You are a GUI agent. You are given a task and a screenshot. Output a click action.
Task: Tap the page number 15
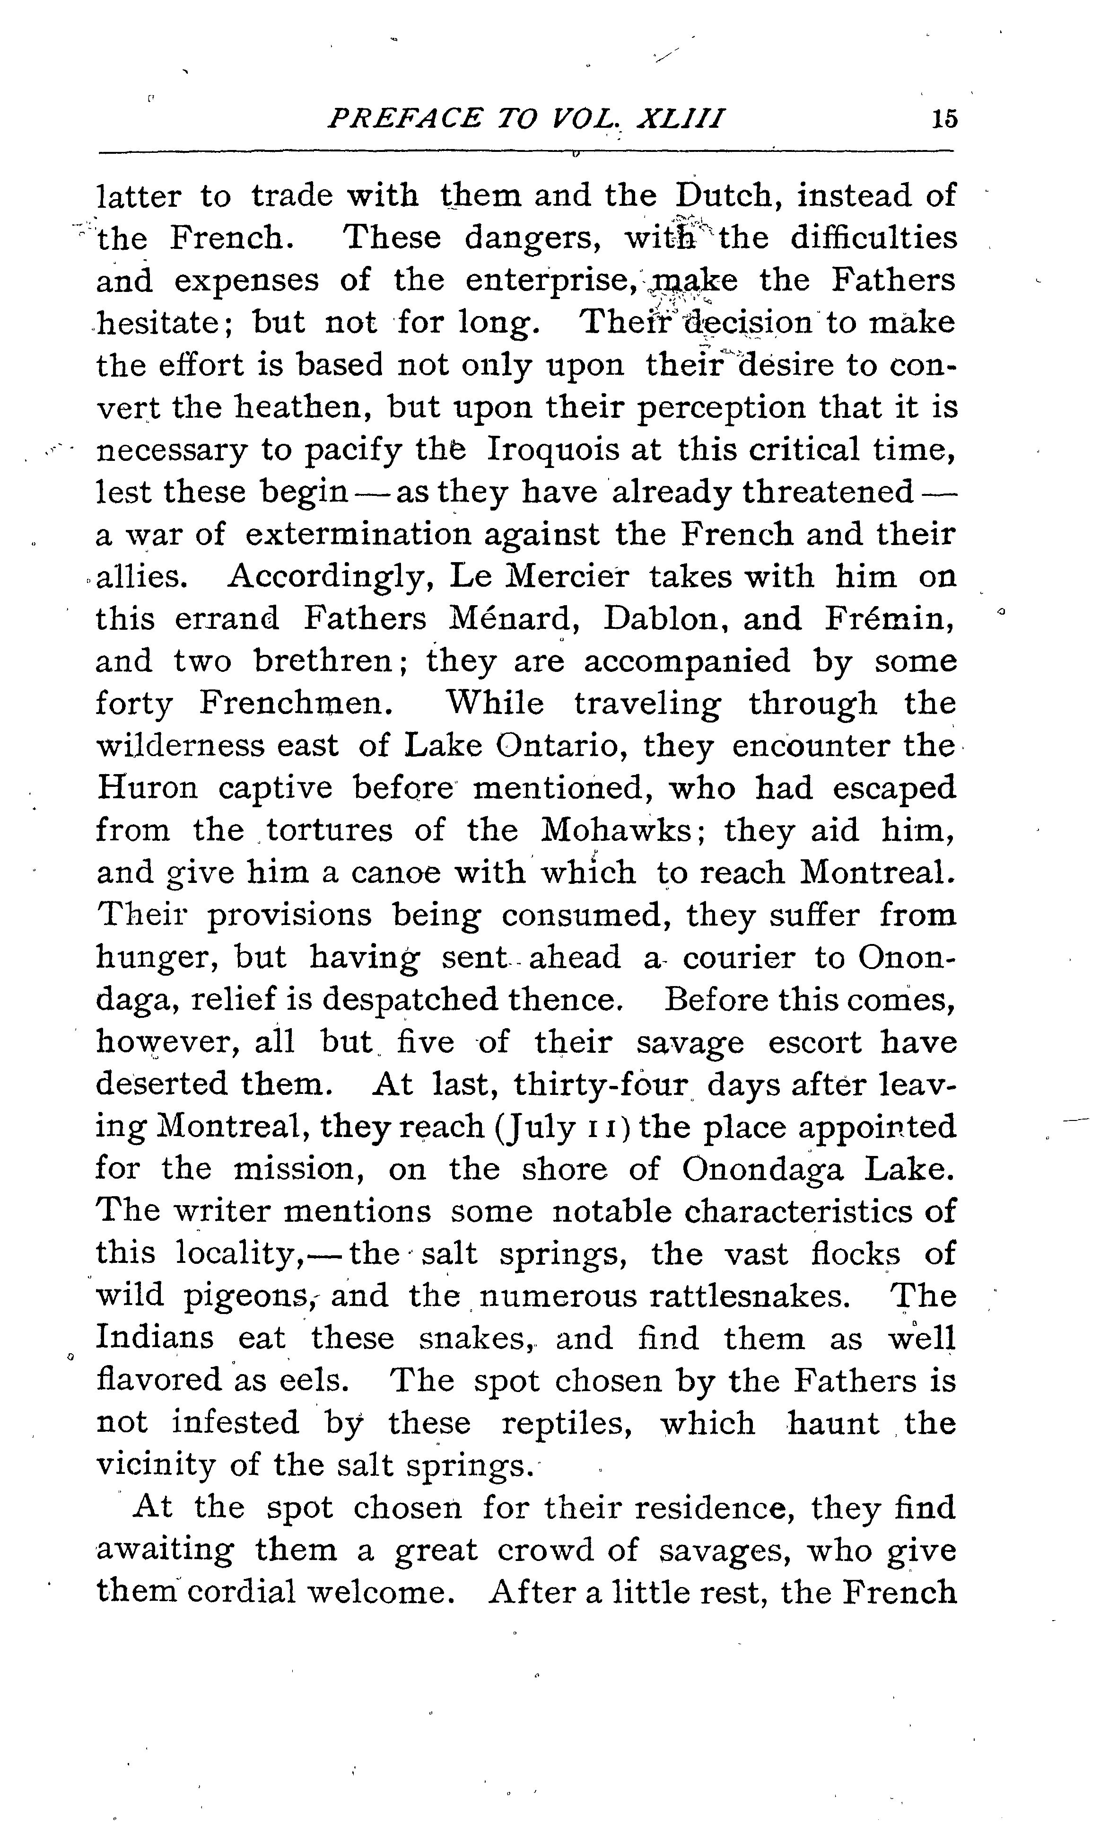[x=944, y=119]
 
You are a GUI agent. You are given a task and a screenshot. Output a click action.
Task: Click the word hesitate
[x=162, y=323]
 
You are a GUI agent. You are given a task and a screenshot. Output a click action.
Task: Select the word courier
[x=738, y=957]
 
